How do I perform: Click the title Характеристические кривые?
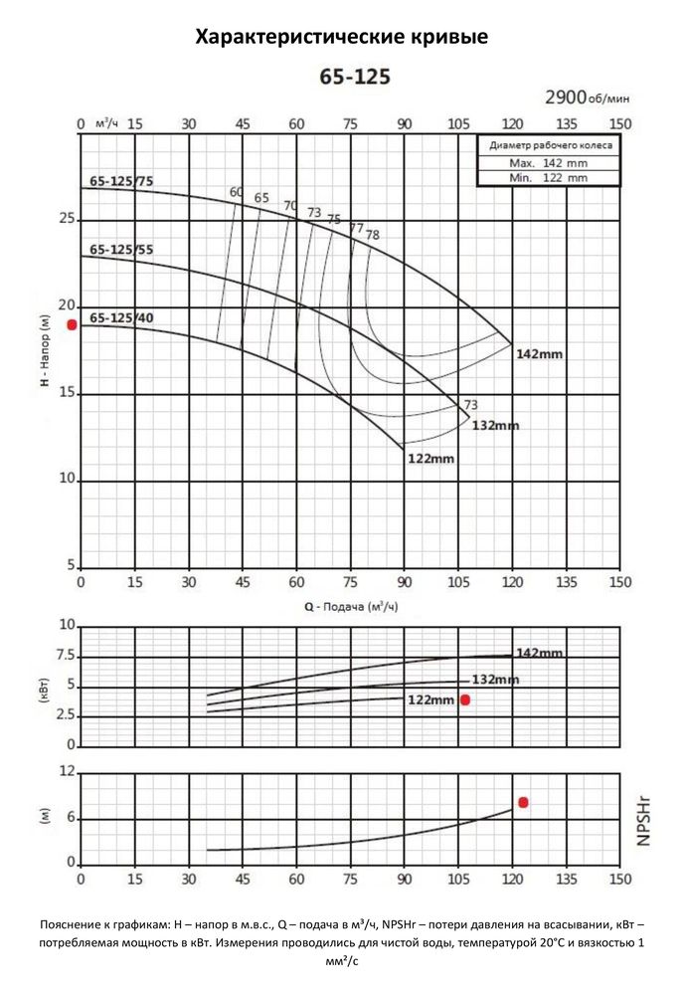click(342, 38)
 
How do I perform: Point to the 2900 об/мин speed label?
click(587, 98)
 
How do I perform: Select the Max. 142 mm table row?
click(548, 162)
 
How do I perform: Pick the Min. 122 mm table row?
click(548, 177)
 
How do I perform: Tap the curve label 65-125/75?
click(121, 182)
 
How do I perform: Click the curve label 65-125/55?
click(121, 250)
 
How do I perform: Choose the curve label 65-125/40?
click(121, 318)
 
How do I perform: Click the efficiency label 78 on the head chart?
click(373, 235)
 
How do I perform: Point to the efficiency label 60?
click(236, 192)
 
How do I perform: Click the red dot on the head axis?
click(72, 325)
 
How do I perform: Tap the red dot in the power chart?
click(464, 700)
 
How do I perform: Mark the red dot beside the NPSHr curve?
click(523, 802)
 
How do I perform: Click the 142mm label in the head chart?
click(539, 354)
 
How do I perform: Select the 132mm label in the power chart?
click(495, 680)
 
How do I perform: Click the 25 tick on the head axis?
click(68, 219)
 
